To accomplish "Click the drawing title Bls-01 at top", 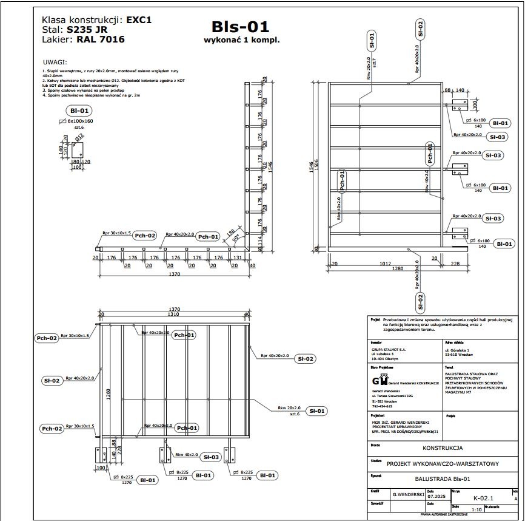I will pos(240,27).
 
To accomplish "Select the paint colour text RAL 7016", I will pos(101,40).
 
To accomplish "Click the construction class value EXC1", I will pos(139,19).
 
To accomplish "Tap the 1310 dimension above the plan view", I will pos(174,314).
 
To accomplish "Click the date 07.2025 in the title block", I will pos(436,497).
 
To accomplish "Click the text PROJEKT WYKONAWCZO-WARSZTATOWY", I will pos(443,464).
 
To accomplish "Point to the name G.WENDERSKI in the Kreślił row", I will pos(407,495).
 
